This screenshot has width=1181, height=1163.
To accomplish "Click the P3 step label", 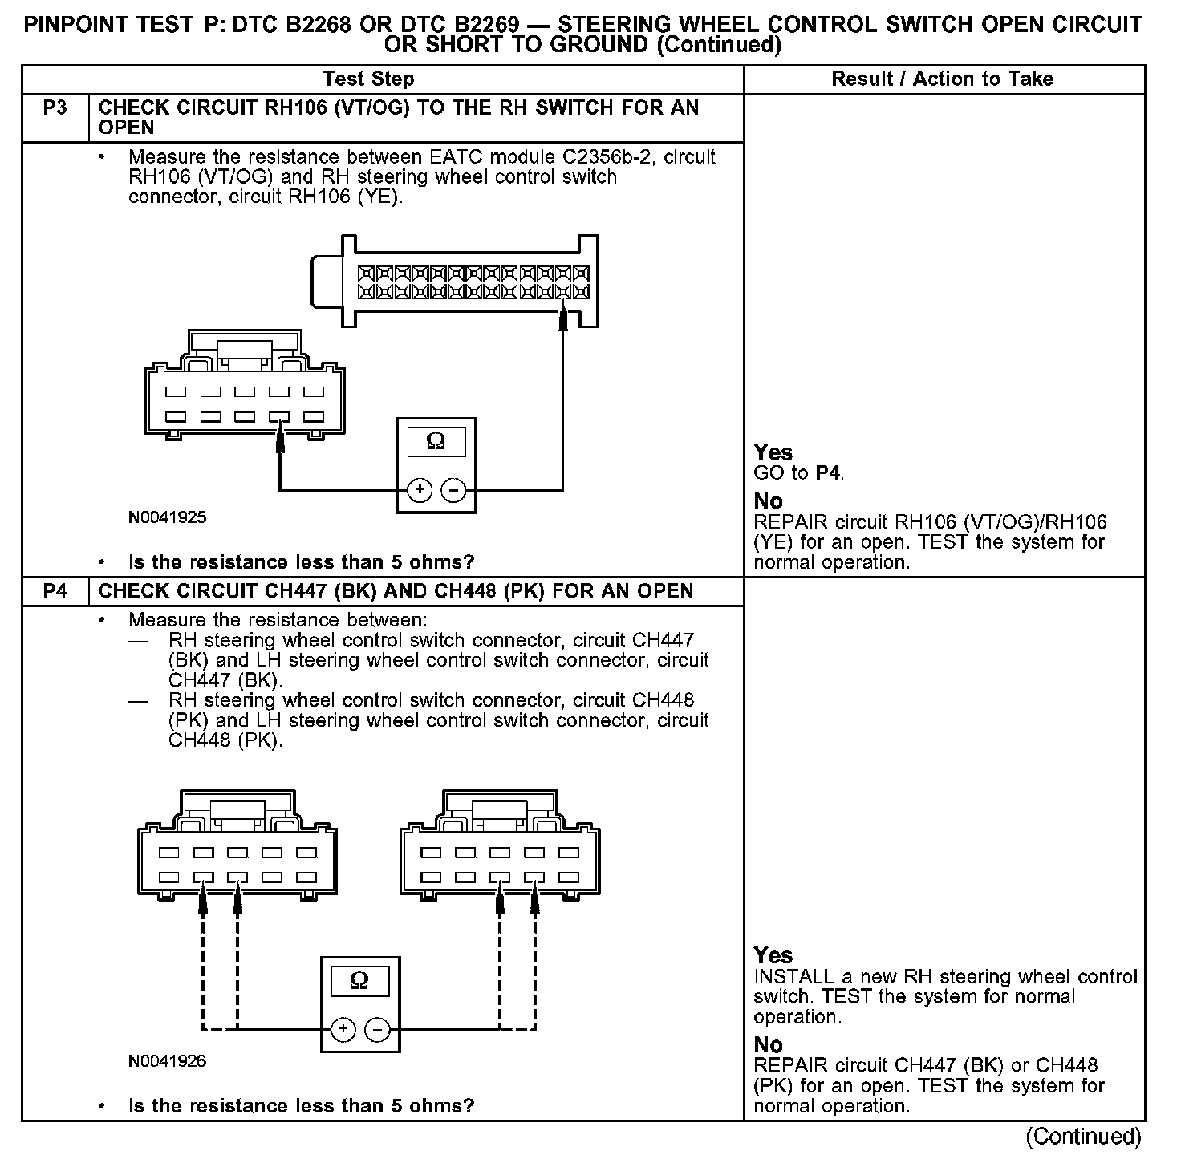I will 55,107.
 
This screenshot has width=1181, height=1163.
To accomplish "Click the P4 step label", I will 55,591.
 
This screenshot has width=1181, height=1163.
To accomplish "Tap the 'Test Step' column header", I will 368,79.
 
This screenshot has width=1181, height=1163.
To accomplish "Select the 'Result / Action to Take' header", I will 942,79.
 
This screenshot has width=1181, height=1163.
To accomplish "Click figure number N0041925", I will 167,517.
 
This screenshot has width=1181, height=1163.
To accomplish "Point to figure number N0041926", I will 167,1061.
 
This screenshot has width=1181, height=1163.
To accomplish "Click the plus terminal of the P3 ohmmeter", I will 420,489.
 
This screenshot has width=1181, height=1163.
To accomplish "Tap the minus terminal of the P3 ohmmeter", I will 454,489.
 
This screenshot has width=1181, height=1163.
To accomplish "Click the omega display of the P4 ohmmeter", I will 360,981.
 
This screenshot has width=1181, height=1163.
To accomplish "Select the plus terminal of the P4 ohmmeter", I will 343,1029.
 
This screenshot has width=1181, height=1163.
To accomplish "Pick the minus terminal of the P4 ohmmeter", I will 378,1029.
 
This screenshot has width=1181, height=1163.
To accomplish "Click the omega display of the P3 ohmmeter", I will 436,441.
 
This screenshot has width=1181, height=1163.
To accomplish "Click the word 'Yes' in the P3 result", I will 773,452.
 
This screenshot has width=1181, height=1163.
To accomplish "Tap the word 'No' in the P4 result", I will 768,1044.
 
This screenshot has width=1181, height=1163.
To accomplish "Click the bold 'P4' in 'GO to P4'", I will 828,473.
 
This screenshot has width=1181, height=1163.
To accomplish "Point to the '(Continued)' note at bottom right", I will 1083,1137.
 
